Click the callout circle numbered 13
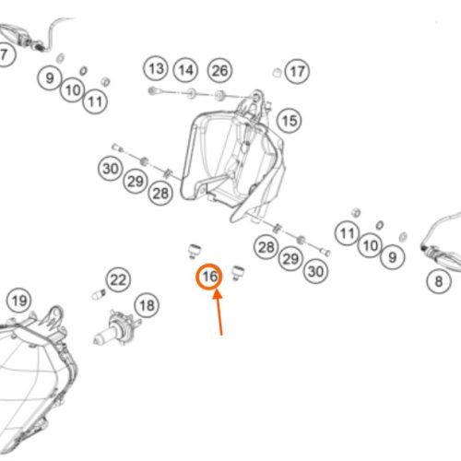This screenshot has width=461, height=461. (156, 68)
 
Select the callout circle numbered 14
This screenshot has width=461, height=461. (185, 70)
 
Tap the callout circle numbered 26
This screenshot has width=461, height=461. (219, 71)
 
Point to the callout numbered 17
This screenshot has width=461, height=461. (297, 72)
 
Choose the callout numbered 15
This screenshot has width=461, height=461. (290, 121)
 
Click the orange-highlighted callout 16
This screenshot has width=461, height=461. (209, 277)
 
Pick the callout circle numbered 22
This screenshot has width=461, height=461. (118, 280)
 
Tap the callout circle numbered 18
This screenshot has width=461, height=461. (147, 305)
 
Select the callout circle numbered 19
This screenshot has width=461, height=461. (19, 301)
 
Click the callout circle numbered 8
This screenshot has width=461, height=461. (439, 281)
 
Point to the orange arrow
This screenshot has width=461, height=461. (219, 313)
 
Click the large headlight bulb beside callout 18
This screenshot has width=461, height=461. (117, 328)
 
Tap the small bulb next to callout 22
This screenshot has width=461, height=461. (99, 294)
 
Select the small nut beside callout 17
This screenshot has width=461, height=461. (277, 73)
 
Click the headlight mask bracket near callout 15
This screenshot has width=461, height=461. (232, 156)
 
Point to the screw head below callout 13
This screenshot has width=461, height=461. (152, 91)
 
